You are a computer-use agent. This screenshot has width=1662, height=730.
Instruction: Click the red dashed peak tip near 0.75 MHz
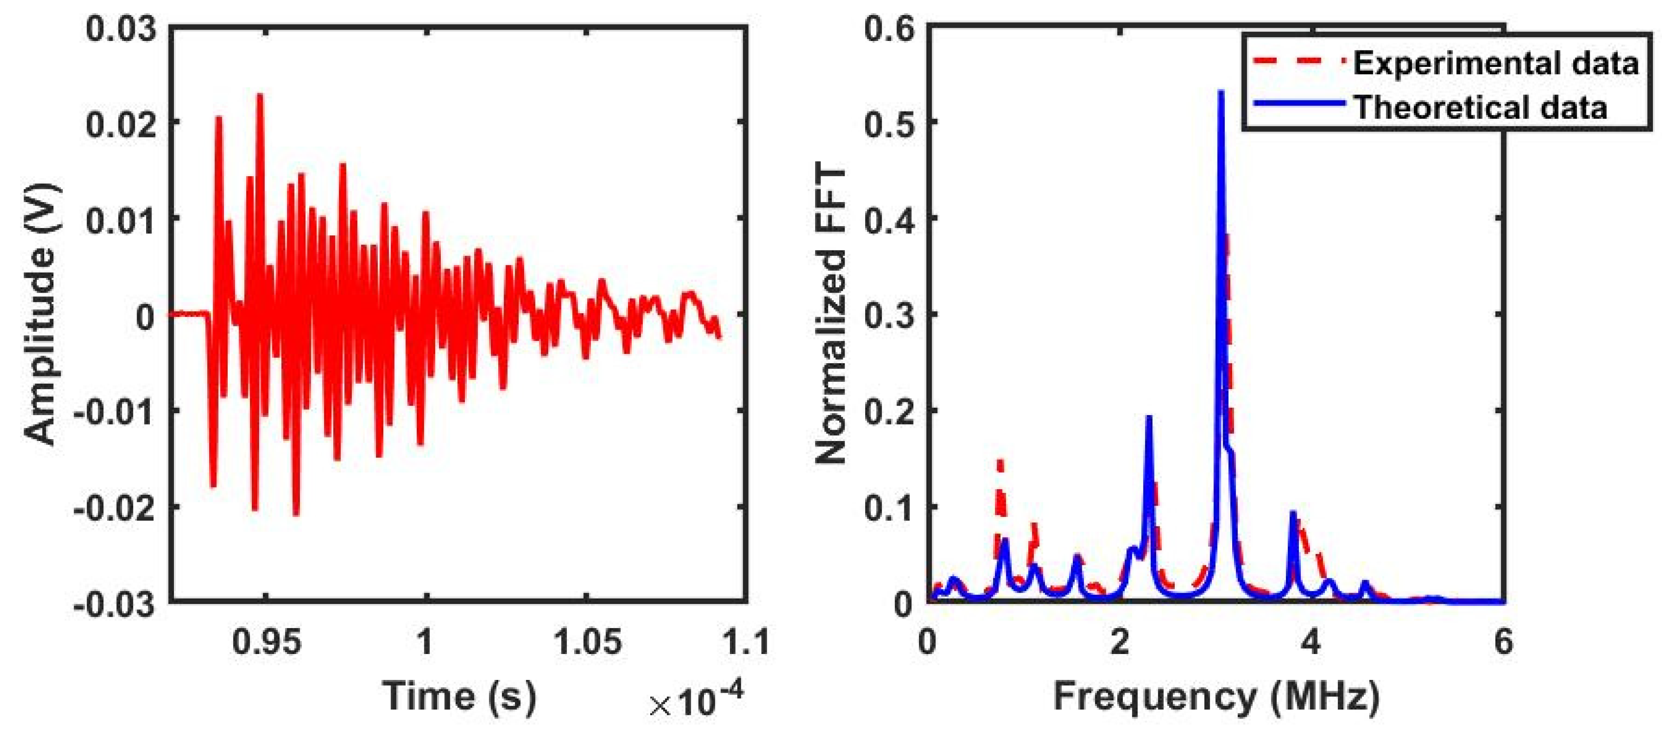click(1000, 461)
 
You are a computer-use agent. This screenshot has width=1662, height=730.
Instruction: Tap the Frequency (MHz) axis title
click(1216, 696)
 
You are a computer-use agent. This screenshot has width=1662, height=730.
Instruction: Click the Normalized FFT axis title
click(831, 314)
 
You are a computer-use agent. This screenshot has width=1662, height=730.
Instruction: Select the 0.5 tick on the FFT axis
click(887, 122)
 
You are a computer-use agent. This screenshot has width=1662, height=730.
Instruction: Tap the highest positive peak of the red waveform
click(260, 95)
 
